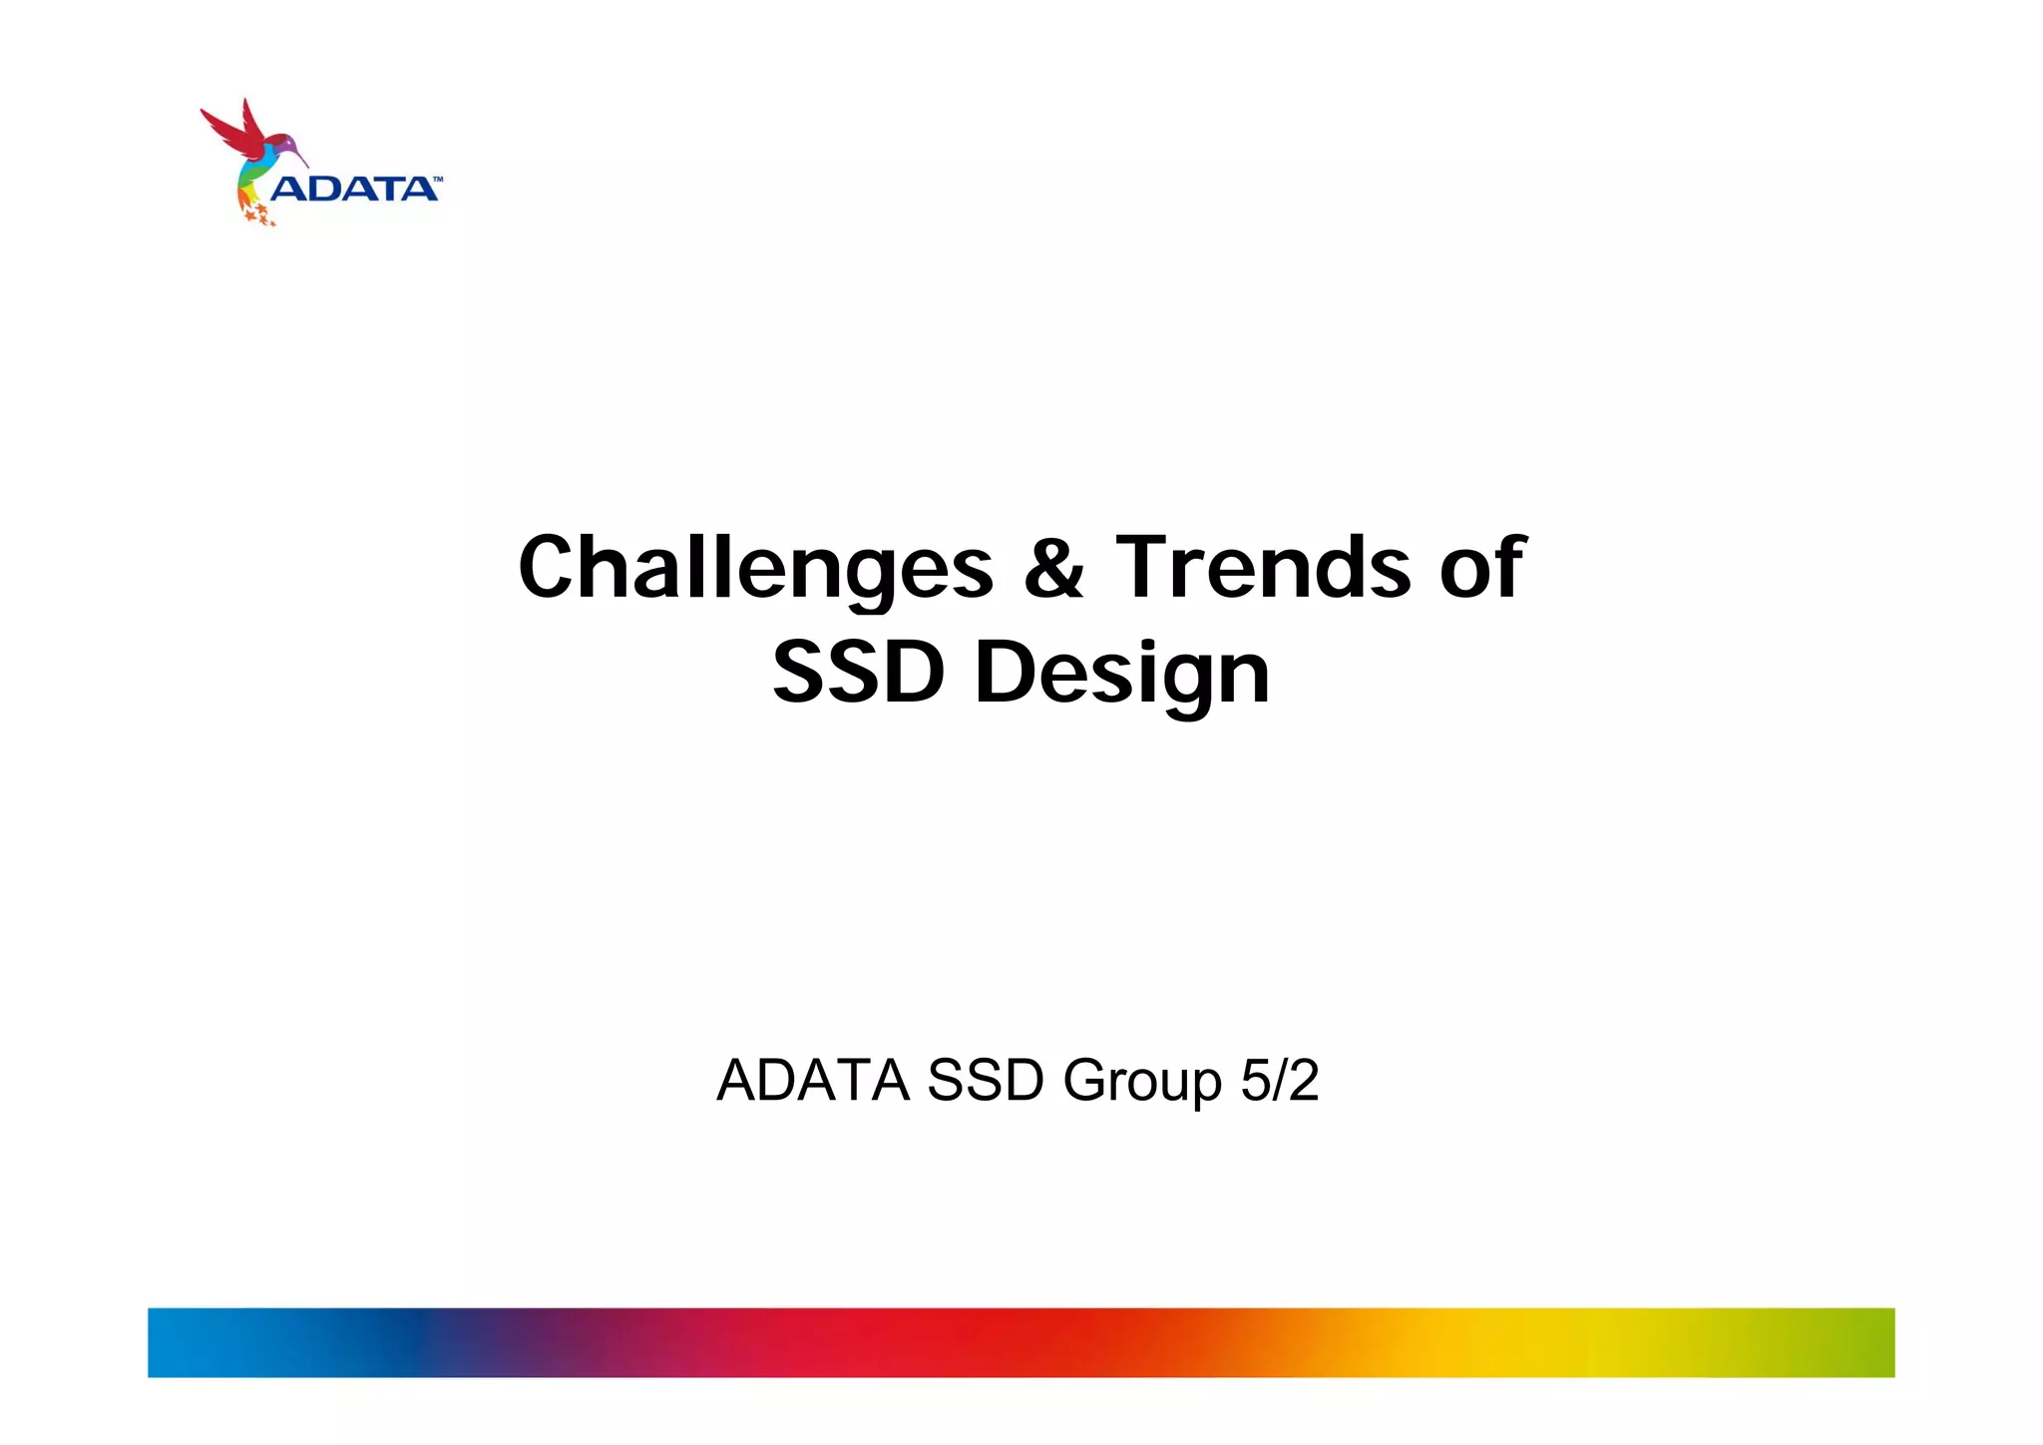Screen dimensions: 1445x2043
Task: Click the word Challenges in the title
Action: pos(755,568)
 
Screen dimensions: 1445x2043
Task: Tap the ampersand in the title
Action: pos(1053,568)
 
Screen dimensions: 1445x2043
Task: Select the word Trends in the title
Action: pos(1263,568)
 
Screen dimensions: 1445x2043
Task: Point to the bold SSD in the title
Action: pos(858,673)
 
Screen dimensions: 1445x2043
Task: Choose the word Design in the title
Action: pos(1122,675)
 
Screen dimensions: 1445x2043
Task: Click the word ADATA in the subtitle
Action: pos(813,1080)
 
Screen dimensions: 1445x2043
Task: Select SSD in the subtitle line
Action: pos(986,1080)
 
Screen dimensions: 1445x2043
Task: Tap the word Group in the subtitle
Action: pos(1142,1082)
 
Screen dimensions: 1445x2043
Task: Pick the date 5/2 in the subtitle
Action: pos(1280,1080)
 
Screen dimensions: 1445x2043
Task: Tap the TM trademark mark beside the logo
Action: pos(436,180)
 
